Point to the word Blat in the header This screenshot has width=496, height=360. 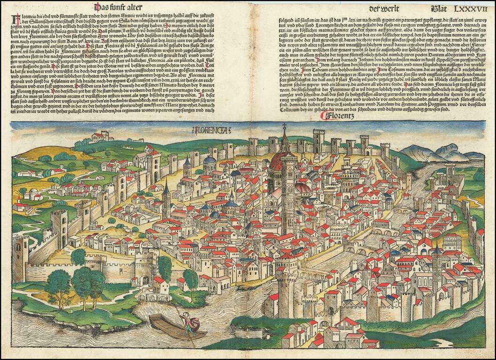[438, 8]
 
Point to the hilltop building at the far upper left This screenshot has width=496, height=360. [101, 136]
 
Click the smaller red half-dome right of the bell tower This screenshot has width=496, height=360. [304, 187]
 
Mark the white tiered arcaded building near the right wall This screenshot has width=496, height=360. [451, 241]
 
